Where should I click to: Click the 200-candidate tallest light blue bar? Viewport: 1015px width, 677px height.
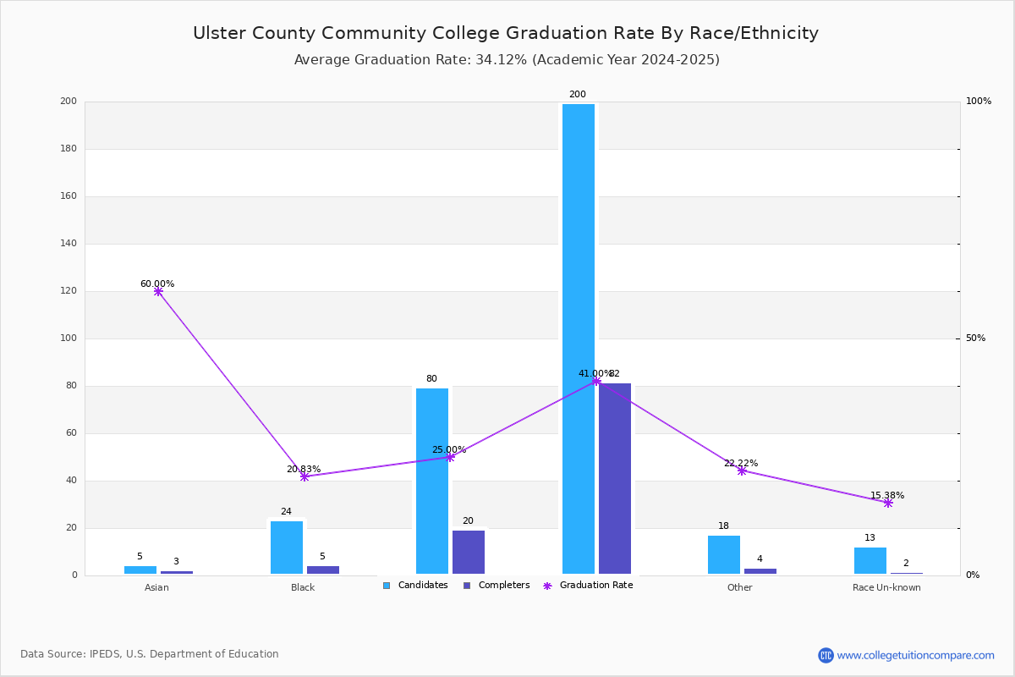579,338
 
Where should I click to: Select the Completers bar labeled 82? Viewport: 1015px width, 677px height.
615,478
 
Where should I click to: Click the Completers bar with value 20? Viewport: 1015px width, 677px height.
469,552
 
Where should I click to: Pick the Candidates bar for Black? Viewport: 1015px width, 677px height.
287,548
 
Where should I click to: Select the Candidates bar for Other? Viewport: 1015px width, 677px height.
724,554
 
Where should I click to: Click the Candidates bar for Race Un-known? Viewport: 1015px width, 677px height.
870,560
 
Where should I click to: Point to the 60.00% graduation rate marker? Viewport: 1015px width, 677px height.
158,291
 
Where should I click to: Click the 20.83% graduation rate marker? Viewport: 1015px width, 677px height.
304,476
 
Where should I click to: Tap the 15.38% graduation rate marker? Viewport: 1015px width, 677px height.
888,503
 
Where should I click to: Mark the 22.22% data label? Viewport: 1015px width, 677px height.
741,463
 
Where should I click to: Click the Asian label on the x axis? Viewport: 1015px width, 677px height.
156,587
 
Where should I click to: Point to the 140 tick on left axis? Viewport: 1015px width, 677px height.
69,244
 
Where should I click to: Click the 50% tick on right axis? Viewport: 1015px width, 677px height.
975,338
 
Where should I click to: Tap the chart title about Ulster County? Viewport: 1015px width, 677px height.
506,33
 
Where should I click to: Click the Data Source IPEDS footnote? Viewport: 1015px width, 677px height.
150,654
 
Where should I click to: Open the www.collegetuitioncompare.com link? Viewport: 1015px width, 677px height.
915,655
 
